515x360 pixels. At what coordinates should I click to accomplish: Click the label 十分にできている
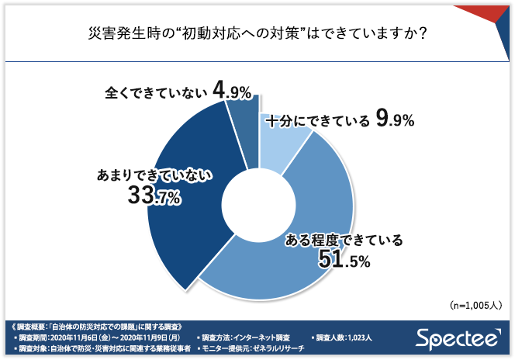[x=317, y=122]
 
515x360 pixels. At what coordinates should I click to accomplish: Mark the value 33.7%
[x=154, y=198]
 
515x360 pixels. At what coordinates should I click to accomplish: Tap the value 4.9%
[x=232, y=92]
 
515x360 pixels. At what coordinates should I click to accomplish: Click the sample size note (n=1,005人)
[x=475, y=305]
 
